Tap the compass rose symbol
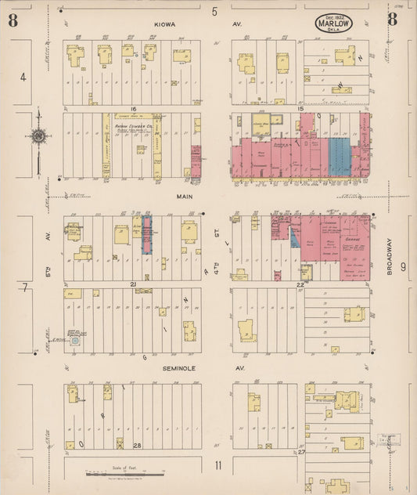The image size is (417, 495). [x=38, y=136]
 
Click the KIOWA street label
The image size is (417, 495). [x=165, y=24]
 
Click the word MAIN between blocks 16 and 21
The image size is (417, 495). [x=184, y=198]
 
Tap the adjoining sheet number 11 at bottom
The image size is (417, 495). [x=218, y=466]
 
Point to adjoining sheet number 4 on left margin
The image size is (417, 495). [x=23, y=77]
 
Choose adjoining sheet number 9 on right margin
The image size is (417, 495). [x=404, y=267]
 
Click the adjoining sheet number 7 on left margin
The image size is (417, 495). [x=24, y=288]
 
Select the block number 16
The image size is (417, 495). [x=134, y=109]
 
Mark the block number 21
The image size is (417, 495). [x=134, y=284]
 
